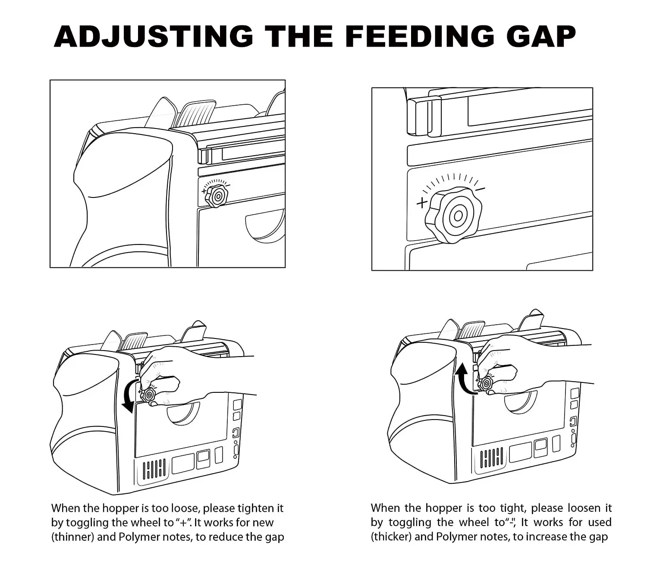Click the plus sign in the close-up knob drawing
(422, 202)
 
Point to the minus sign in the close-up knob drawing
(480, 189)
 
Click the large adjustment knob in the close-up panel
(453, 214)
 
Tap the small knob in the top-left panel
(217, 195)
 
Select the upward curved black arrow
(463, 379)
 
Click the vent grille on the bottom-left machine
(154, 470)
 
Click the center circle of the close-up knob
(458, 216)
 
